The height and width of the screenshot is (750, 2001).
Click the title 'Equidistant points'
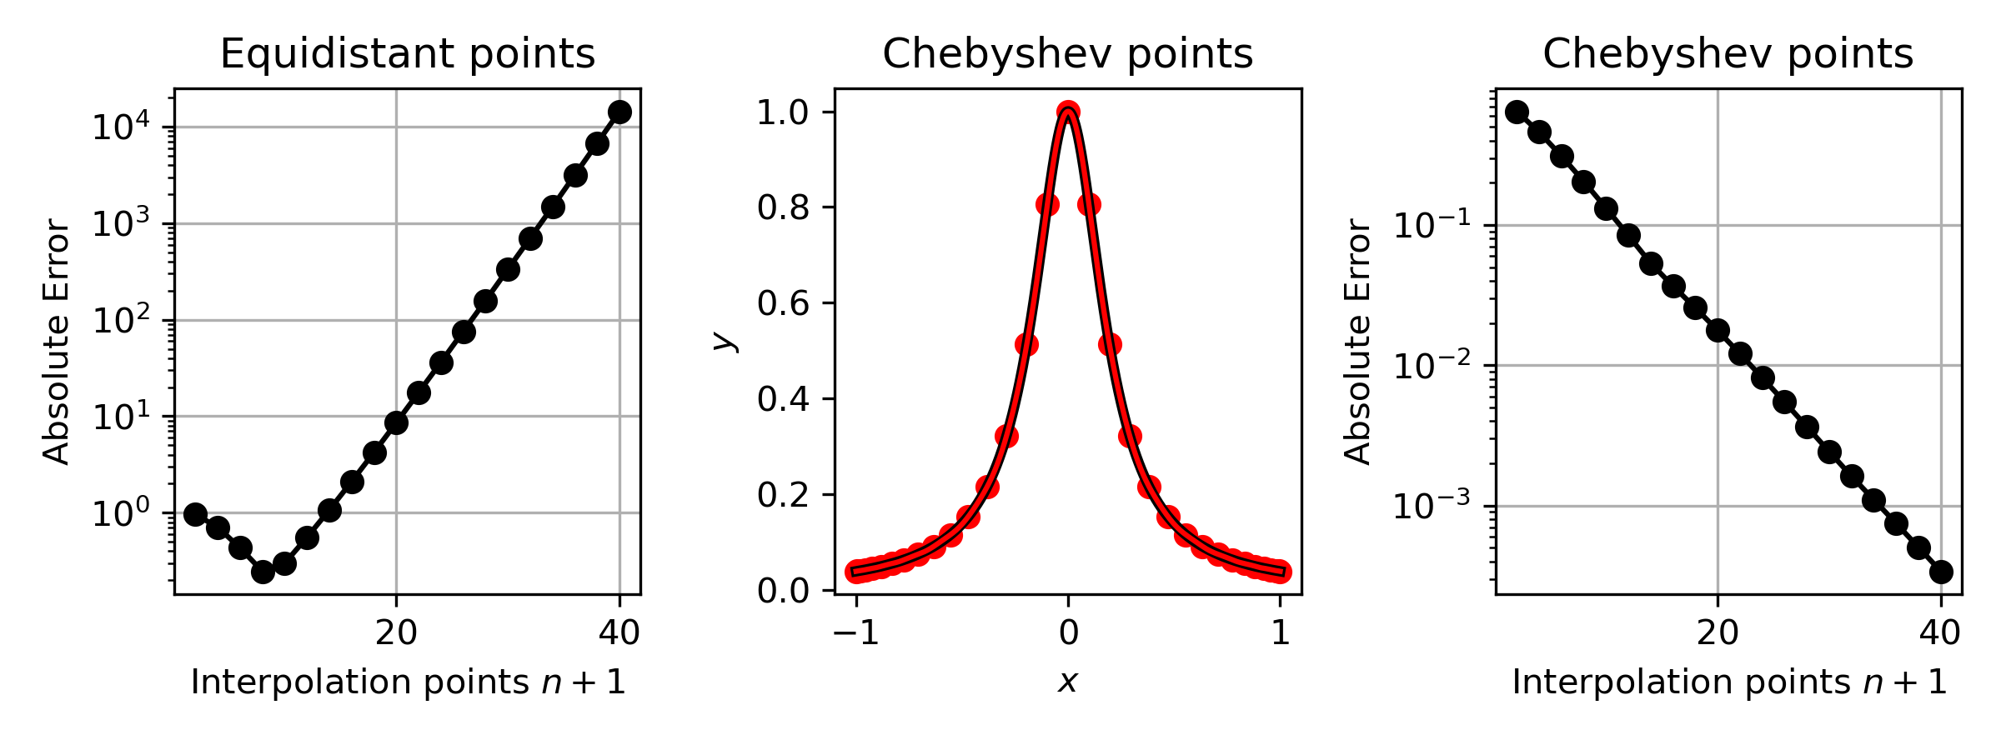click(x=407, y=55)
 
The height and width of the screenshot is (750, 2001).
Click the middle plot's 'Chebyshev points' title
click(x=1067, y=55)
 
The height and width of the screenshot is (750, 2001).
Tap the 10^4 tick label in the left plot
click(x=121, y=127)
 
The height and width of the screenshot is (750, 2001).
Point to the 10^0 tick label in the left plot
click(x=121, y=513)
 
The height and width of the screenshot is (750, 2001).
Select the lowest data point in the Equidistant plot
click(x=263, y=572)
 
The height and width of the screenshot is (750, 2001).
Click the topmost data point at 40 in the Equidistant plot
click(x=619, y=112)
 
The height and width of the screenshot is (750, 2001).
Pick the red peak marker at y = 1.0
click(x=1068, y=112)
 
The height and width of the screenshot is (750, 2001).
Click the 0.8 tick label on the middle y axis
click(x=784, y=207)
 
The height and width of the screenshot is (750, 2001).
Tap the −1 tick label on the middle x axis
click(x=856, y=633)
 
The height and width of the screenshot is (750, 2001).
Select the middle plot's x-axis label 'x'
click(x=1067, y=682)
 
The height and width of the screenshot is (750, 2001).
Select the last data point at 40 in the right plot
click(x=1941, y=572)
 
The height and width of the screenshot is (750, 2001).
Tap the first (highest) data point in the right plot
click(x=1517, y=112)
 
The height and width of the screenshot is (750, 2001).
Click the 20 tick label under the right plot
click(x=1718, y=633)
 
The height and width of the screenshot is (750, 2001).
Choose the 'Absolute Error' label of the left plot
click(x=56, y=341)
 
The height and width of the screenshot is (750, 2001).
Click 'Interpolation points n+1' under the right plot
click(x=1729, y=682)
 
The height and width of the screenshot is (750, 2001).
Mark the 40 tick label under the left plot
click(x=619, y=633)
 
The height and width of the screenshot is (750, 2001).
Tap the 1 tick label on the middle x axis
click(x=1281, y=633)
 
